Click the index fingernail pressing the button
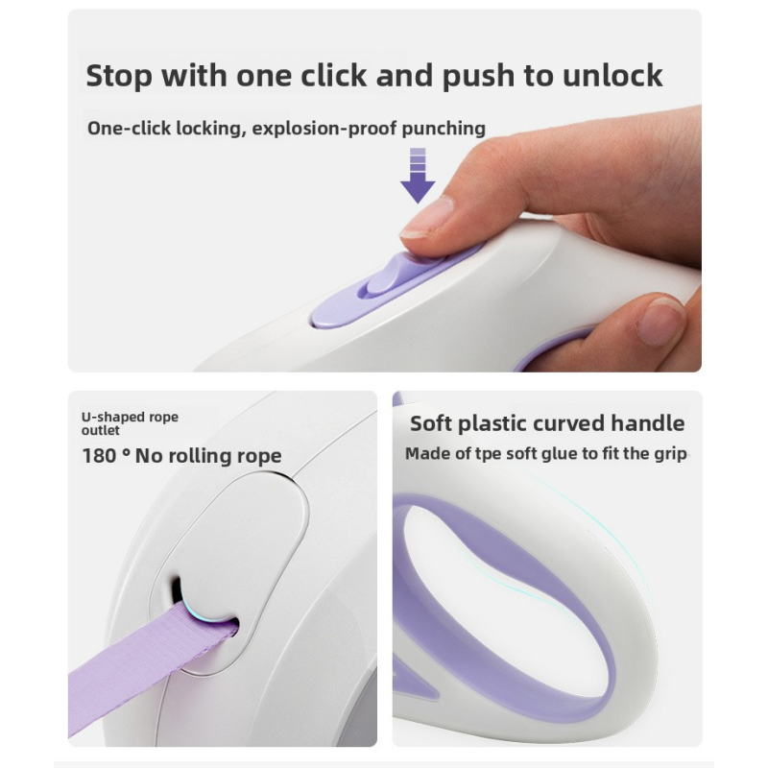click(x=426, y=217)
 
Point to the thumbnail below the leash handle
click(x=662, y=321)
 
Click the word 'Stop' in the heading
click(x=119, y=77)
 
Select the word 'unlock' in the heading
click(x=612, y=76)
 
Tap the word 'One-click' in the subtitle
click(x=129, y=129)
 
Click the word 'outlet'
click(x=100, y=430)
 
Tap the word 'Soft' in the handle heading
click(x=430, y=423)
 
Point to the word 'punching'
click(x=444, y=129)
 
